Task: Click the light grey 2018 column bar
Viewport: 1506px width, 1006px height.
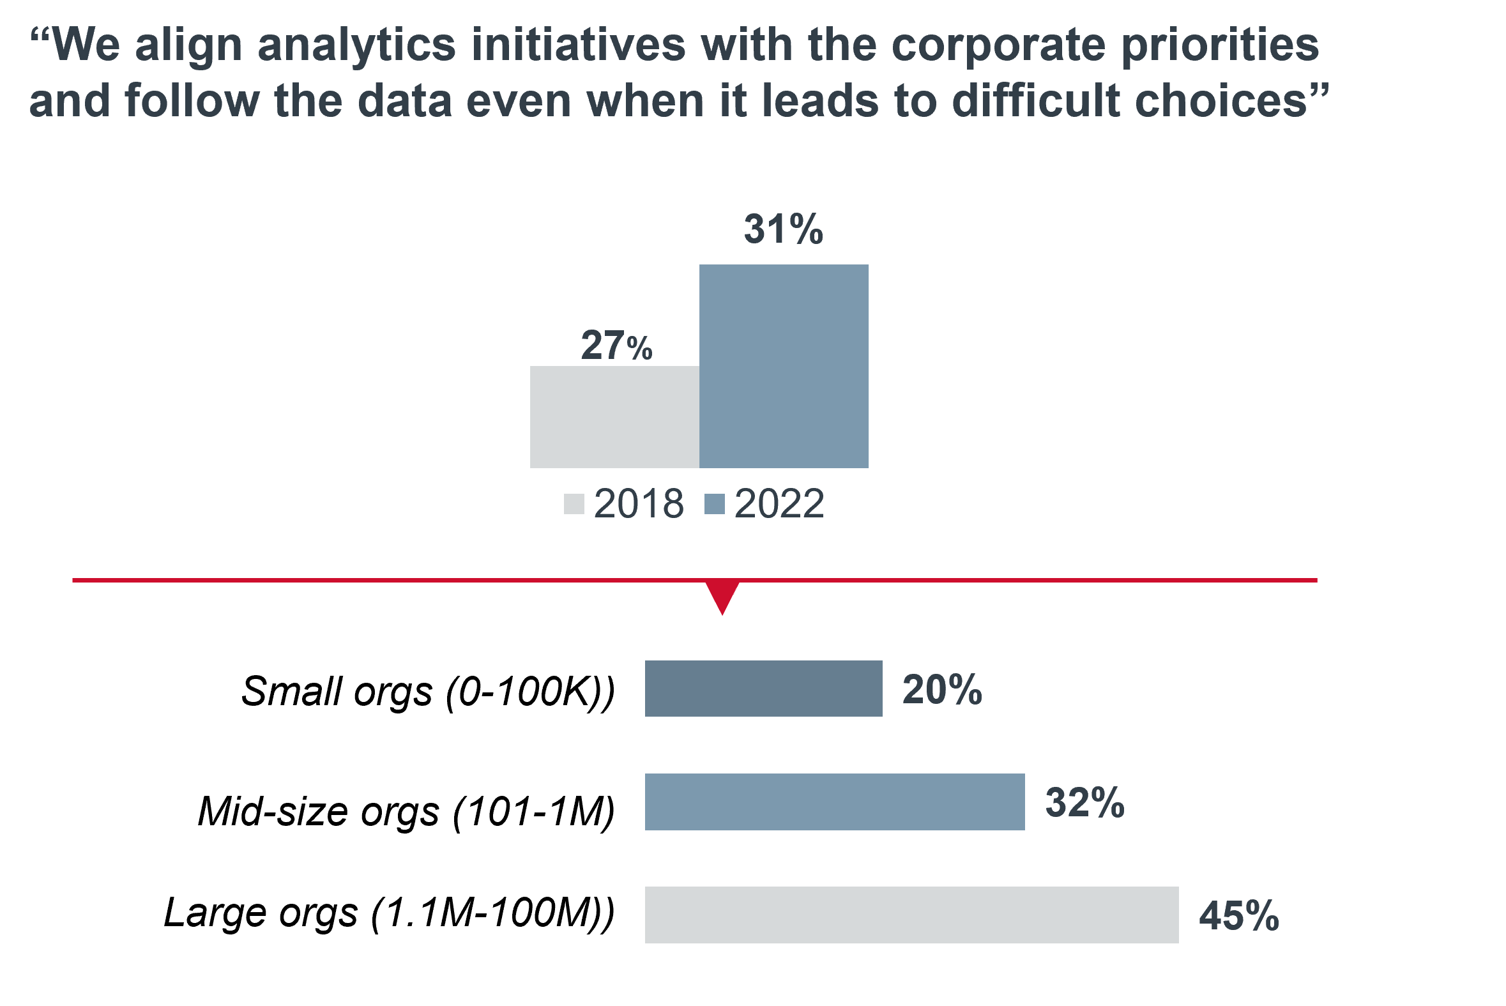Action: (x=614, y=417)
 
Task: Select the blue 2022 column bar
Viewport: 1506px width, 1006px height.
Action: (x=784, y=366)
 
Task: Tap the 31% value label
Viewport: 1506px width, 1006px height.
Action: (x=783, y=229)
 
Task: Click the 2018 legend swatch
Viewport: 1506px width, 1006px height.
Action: (x=574, y=504)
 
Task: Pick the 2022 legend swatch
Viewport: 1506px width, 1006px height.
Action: (x=714, y=504)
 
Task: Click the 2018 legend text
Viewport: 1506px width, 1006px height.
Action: (x=639, y=504)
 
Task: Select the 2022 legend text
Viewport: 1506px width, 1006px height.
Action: (x=779, y=504)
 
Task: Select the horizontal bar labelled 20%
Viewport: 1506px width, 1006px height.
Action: (x=763, y=689)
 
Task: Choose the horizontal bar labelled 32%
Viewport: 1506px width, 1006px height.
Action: (x=835, y=802)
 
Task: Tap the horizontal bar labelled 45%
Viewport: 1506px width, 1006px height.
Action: (x=911, y=915)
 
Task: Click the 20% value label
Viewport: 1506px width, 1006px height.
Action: (x=941, y=690)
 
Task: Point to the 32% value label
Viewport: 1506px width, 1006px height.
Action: (x=1084, y=803)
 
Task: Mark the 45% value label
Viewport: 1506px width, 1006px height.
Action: (x=1238, y=915)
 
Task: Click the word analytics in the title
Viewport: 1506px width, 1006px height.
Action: (x=356, y=46)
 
